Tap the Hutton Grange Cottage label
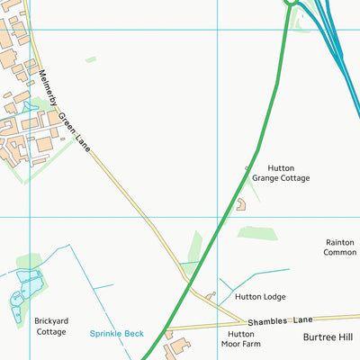pyautogui.click(x=280, y=173)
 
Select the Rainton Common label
pyautogui.click(x=339, y=247)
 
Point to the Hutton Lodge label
pyautogui.click(x=259, y=296)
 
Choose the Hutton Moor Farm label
pyautogui.click(x=239, y=338)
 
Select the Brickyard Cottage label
pyautogui.click(x=50, y=326)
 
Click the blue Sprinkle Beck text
pyautogui.click(x=116, y=333)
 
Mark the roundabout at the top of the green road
pyautogui.click(x=291, y=3)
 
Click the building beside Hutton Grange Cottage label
pyautogui.click(x=241, y=204)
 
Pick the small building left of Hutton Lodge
pyautogui.click(x=211, y=294)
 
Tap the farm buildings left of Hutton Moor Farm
pyautogui.click(x=178, y=346)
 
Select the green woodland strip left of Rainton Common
pyautogui.click(x=257, y=233)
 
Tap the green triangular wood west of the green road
pyautogui.click(x=193, y=247)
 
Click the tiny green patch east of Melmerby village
pyautogui.click(x=90, y=60)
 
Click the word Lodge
pyautogui.click(x=273, y=296)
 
